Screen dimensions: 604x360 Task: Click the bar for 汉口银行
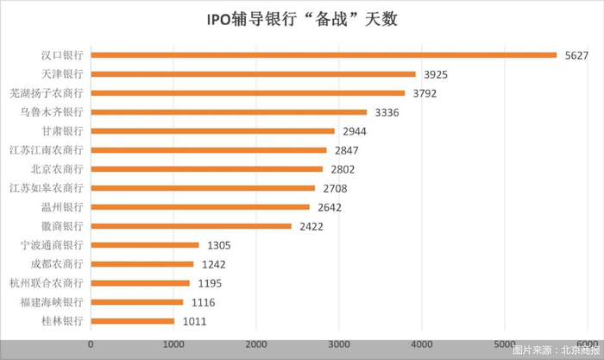[x=324, y=55]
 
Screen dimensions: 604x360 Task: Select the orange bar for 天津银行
[x=253, y=74]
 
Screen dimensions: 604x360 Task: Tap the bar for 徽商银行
[x=191, y=226]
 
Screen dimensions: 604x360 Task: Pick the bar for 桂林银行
[x=133, y=321]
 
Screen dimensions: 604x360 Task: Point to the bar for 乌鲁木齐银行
[x=229, y=112]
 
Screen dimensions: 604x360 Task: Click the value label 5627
[x=576, y=55]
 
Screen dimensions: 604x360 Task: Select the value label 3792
[x=425, y=93]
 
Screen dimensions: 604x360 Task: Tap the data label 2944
[x=355, y=131]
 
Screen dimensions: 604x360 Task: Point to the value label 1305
[x=219, y=245]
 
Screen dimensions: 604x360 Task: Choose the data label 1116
[x=203, y=302]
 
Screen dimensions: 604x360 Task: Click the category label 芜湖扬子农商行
[x=47, y=93]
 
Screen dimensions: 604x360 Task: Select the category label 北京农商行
[x=57, y=169]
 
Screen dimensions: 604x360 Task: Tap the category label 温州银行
[x=62, y=207]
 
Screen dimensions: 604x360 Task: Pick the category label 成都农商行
[x=57, y=264]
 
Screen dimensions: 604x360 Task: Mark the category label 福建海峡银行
[x=52, y=302]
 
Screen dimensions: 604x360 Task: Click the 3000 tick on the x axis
[x=339, y=344]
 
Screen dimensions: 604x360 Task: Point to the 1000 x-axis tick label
[x=173, y=344]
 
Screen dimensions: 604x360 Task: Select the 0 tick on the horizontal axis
[x=91, y=344]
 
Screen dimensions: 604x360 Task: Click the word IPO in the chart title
[x=219, y=20]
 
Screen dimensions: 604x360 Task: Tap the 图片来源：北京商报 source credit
[x=557, y=350]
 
